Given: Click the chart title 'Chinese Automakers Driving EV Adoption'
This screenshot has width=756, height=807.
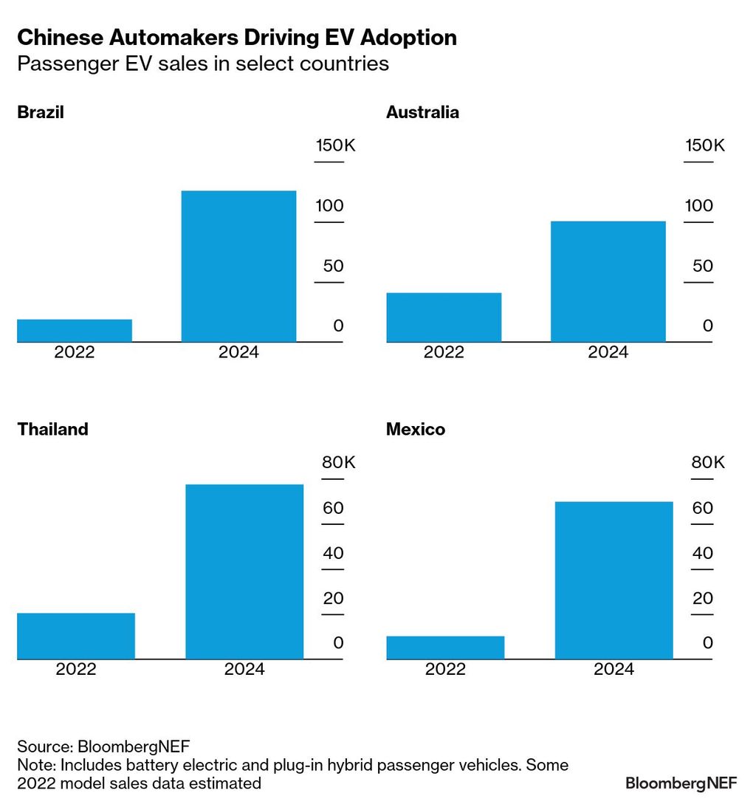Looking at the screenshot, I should point(237,38).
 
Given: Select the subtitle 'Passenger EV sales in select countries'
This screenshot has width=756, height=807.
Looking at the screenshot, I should point(203,63).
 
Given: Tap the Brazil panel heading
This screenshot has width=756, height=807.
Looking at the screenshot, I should point(41,112).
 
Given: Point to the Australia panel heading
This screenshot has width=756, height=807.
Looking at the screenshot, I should point(422,112).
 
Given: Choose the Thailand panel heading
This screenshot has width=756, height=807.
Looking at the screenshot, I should point(52,429).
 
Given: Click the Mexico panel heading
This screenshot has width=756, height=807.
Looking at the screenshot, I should point(416,429).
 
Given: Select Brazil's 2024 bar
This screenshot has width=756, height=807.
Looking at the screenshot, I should point(238,267).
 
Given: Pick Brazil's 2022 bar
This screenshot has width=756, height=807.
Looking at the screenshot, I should point(75,331).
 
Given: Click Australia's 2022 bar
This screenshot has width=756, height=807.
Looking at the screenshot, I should point(444,317).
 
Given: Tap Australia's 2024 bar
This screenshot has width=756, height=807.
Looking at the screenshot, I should point(608,281).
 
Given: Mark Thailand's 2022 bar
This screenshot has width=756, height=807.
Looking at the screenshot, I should point(76,636).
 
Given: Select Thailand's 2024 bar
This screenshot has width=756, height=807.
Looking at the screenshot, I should point(244,571).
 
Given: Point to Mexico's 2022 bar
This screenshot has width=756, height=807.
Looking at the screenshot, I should point(445,648).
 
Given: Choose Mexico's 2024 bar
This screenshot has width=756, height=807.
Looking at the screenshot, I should point(614,580).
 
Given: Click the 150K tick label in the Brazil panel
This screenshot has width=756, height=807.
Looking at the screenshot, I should point(335,145).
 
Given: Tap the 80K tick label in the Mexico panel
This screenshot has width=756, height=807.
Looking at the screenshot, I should point(708,463).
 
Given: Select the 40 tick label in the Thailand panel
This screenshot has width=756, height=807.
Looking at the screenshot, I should point(333,553).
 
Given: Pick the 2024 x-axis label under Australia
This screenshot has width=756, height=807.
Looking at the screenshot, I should point(608,352).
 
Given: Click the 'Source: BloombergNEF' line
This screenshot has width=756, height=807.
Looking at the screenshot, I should point(103,745).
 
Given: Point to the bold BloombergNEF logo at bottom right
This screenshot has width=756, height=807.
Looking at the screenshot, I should point(681,783).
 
